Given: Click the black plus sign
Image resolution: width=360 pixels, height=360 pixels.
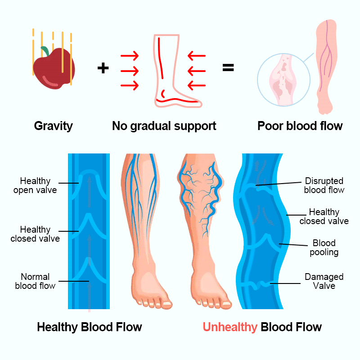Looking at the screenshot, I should click(103, 68).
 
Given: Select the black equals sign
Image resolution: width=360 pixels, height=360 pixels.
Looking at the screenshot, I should click(228, 68).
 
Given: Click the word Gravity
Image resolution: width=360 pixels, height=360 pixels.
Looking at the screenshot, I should click(53, 126).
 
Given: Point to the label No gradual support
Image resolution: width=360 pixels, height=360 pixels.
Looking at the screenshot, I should click(164, 126).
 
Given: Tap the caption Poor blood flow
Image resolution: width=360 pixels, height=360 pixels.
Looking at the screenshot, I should click(300, 126).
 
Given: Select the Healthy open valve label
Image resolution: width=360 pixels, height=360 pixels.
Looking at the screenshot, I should click(35, 185).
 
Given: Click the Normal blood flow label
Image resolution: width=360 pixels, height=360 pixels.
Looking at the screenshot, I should click(35, 281).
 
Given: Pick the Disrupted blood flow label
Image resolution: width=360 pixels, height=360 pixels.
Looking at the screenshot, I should click(324, 185).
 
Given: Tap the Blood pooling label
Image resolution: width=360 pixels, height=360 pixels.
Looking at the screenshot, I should click(324, 247).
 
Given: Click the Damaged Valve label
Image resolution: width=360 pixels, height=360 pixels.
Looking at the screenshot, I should click(324, 281).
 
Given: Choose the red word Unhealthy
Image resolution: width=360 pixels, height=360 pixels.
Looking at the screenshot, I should click(229, 327).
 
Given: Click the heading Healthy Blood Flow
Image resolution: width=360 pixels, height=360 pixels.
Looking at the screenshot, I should click(90, 327).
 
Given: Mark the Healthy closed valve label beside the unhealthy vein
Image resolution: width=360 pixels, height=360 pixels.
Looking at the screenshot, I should click(324, 216).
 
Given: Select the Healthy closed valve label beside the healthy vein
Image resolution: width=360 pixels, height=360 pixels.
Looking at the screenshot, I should click(35, 234).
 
